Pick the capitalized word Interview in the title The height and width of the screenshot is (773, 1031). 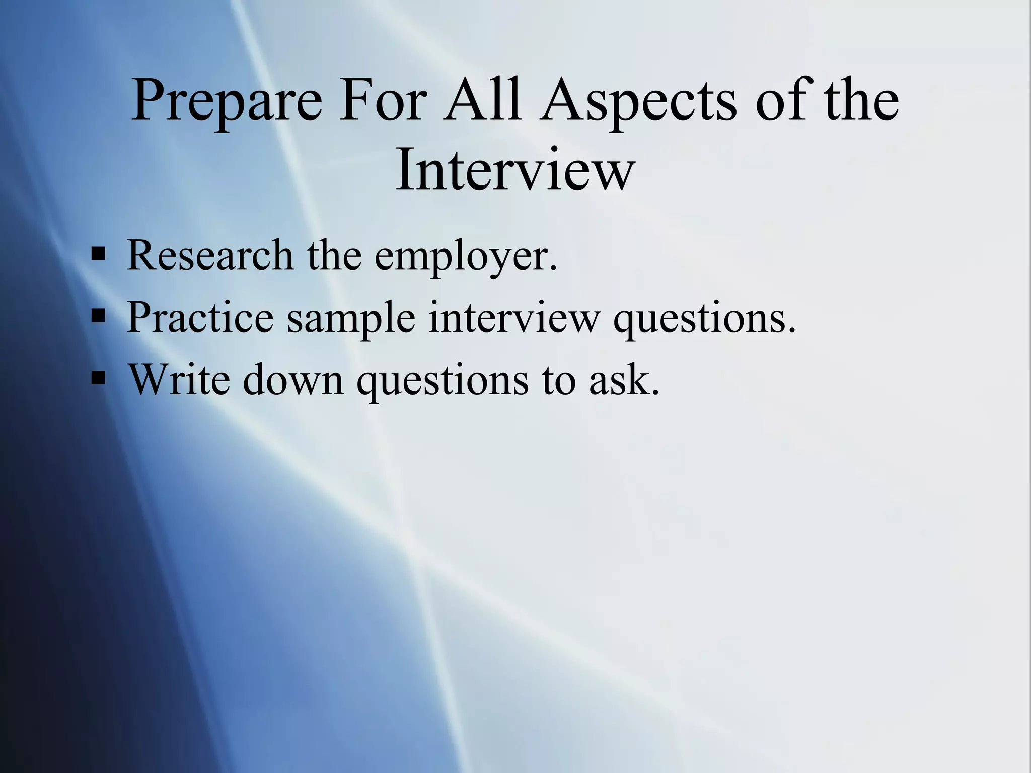(x=514, y=169)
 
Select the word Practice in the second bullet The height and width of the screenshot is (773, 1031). (x=200, y=318)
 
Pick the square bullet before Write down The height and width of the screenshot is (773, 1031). (x=98, y=377)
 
